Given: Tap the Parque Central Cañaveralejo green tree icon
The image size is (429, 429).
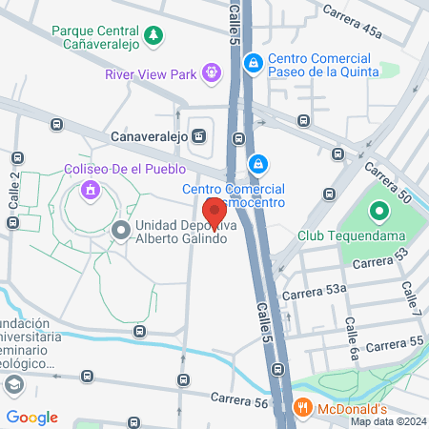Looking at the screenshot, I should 154,37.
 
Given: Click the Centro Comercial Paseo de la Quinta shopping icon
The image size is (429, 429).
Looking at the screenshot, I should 253,64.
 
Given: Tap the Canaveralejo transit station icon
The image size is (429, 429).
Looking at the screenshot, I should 198,134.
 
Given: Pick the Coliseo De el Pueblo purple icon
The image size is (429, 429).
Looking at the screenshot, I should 91,189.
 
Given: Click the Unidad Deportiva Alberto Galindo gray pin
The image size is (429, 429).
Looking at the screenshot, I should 121,230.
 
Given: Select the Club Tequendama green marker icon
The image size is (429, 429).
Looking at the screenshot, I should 378,212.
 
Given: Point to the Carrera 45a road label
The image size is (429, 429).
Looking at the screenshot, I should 352,21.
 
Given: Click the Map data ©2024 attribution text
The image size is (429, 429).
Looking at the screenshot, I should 387,421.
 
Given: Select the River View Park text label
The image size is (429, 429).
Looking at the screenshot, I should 152,72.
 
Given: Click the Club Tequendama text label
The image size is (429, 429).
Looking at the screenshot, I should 343,235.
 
